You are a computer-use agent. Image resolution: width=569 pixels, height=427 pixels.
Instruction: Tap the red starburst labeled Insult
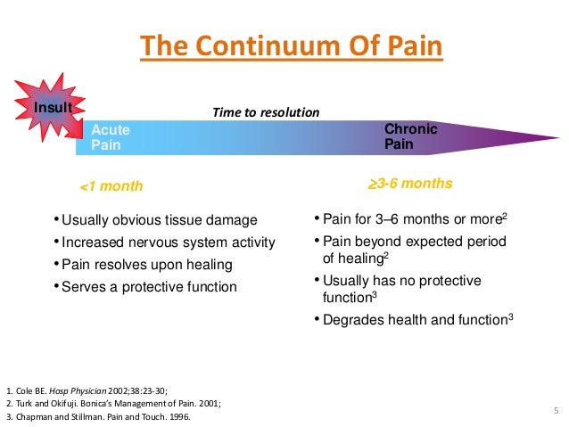[x=51, y=109]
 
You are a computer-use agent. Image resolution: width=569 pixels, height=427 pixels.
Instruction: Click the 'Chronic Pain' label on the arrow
[x=410, y=136]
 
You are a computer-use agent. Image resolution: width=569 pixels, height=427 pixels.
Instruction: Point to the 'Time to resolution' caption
[x=265, y=112]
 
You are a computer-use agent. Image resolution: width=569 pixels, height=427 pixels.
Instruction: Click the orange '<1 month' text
[x=111, y=186]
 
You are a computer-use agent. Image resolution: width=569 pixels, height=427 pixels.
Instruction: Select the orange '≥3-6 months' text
[x=410, y=185]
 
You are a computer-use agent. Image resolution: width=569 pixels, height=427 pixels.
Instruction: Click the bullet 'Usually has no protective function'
[x=401, y=289]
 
